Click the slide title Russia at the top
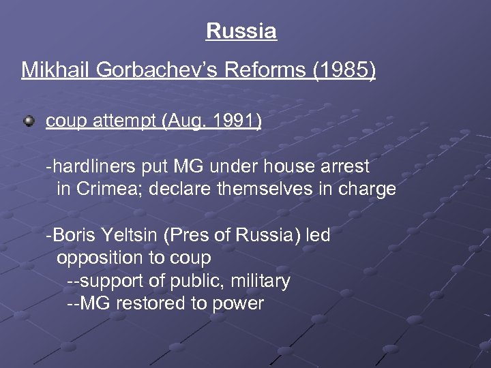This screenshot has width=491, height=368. click(241, 31)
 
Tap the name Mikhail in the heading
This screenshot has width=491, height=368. click(51, 70)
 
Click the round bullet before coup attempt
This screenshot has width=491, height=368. click(29, 121)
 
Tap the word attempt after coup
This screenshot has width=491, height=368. click(124, 121)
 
